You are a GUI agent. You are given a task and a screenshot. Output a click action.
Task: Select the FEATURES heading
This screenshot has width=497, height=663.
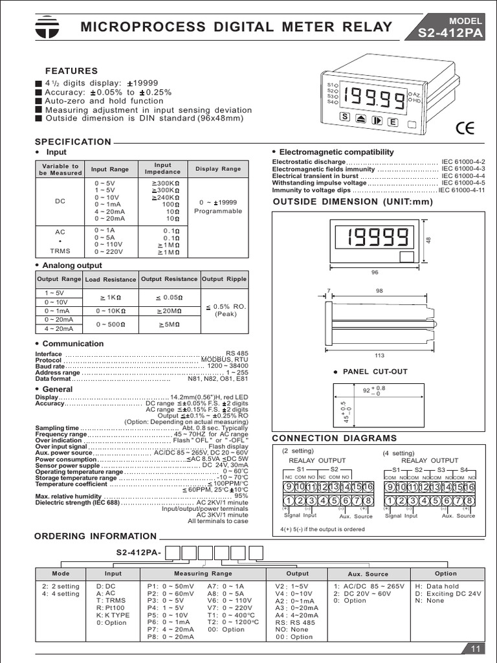(x=71, y=71)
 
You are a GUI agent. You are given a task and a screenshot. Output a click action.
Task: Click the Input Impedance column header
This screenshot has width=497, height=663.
(x=162, y=168)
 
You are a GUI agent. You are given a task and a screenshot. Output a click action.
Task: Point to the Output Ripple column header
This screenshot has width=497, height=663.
(x=224, y=279)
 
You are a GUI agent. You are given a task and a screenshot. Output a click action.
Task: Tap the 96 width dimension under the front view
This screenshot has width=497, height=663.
(x=375, y=273)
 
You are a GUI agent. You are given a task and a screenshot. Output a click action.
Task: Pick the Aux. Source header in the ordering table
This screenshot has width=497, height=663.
(x=368, y=574)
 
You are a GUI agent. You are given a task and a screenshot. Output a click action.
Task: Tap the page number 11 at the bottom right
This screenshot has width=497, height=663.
(x=475, y=649)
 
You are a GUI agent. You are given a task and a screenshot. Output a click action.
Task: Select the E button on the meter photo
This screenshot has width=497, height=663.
(x=392, y=121)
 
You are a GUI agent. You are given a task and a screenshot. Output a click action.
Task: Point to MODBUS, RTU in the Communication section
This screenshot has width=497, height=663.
(x=224, y=359)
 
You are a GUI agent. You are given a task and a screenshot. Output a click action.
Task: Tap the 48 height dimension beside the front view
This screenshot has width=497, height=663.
(x=428, y=240)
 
